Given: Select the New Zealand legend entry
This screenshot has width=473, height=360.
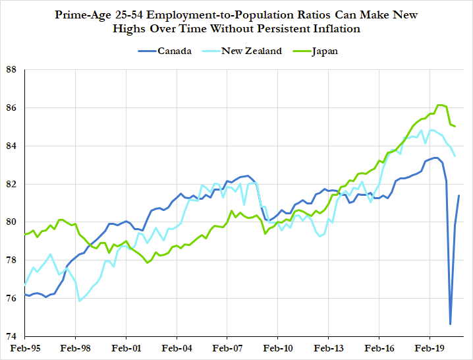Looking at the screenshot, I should (x=251, y=51).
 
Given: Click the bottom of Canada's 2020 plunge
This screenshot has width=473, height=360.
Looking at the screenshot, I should (x=451, y=324).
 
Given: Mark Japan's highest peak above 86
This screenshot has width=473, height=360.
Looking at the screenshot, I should (x=440, y=105).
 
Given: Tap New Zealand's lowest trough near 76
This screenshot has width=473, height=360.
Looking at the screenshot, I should (x=80, y=301).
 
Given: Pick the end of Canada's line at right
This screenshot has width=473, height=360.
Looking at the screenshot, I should (x=459, y=196).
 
